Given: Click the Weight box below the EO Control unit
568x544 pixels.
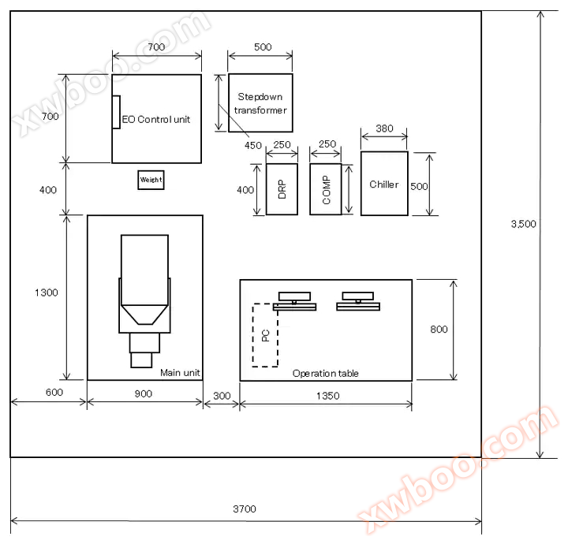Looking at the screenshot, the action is point(151,180).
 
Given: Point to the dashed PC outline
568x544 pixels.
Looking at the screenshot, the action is point(253,335).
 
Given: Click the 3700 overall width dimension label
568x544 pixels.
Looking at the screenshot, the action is point(245,509).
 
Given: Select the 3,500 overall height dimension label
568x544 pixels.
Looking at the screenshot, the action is point(524,224).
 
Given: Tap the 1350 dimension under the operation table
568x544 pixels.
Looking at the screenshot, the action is point(328,396).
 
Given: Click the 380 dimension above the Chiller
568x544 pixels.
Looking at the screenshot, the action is point(384,129).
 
